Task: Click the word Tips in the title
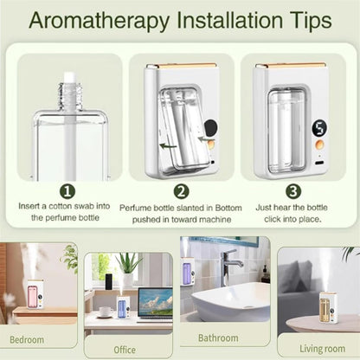pos(304,18)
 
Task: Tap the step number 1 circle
pos(67,190)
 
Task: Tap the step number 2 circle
pos(181,190)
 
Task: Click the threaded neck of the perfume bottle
pos(67,87)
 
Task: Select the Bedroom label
pos(27,340)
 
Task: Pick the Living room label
pos(318,349)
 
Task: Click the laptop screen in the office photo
pos(156,303)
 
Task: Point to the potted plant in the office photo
pos(127,268)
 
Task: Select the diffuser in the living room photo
pos(328,305)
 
